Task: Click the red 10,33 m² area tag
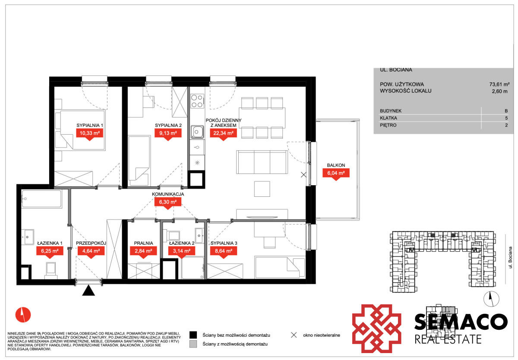89,133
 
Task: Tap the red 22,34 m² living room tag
223,133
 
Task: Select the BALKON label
336,165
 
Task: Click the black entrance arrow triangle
88,291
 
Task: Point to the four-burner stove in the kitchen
197,101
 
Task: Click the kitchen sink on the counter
197,132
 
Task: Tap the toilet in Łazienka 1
51,270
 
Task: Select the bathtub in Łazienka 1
41,199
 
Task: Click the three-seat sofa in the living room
262,162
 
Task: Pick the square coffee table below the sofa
262,189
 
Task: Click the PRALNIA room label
143,243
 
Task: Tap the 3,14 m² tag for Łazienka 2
182,251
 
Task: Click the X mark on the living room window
303,175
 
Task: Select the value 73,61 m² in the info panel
499,85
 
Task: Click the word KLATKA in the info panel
388,118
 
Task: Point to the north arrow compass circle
491,299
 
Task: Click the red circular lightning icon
23,315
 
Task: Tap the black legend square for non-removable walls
193,335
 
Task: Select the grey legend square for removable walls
193,344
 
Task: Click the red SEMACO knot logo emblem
376,328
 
